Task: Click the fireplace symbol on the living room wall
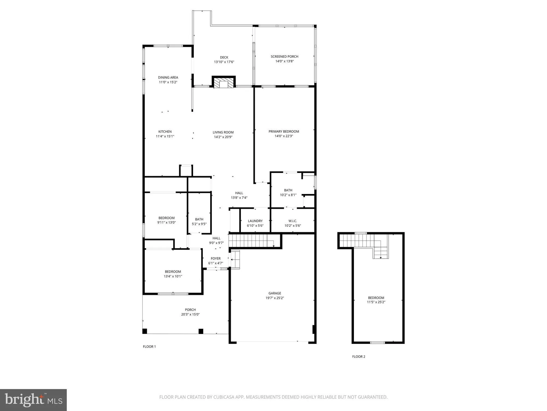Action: pyautogui.click(x=224, y=83)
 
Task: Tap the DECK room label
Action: pyautogui.click(x=224, y=57)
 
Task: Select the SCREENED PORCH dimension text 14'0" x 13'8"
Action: pyautogui.click(x=284, y=61)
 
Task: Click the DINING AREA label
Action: pyautogui.click(x=168, y=78)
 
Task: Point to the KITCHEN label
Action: pyautogui.click(x=165, y=132)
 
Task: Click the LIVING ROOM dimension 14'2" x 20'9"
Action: pyautogui.click(x=223, y=137)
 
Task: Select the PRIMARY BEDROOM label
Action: pyautogui.click(x=284, y=132)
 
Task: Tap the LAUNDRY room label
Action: pyautogui.click(x=255, y=221)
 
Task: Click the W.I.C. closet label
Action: pyautogui.click(x=293, y=221)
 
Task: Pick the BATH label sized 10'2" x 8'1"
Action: pyautogui.click(x=288, y=190)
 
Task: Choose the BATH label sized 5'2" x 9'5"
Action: pyautogui.click(x=199, y=219)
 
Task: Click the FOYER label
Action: pyautogui.click(x=216, y=258)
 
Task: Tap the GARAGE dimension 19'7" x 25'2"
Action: pyautogui.click(x=275, y=298)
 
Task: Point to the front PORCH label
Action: pyautogui.click(x=190, y=310)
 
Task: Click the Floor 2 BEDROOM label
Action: pyautogui.click(x=376, y=298)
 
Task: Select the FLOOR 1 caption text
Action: pyautogui.click(x=149, y=347)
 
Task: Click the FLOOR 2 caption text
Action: pyautogui.click(x=359, y=356)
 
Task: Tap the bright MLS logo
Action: pyautogui.click(x=33, y=400)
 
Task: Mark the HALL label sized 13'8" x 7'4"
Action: pyautogui.click(x=239, y=193)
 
